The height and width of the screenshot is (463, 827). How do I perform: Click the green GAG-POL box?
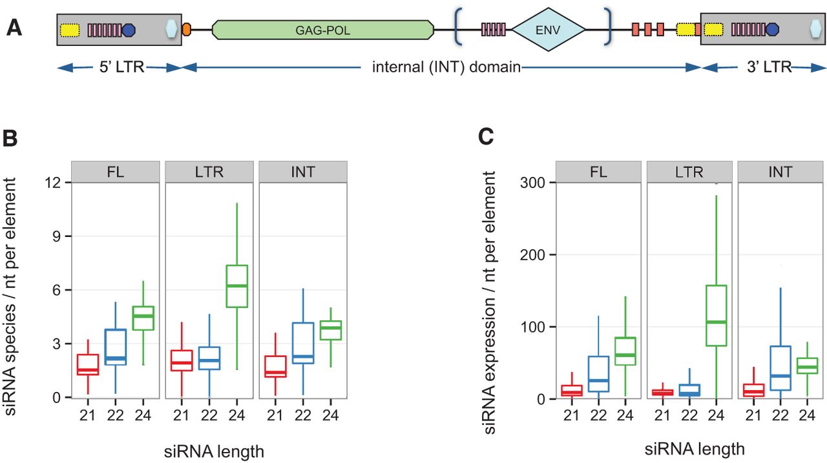(x=323, y=30)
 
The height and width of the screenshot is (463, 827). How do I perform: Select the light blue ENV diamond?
(x=549, y=30)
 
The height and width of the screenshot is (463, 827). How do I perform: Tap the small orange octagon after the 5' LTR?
(x=187, y=30)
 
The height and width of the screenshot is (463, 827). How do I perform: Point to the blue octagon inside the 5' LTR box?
(x=128, y=30)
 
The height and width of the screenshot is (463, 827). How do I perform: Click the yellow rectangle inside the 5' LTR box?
(x=70, y=30)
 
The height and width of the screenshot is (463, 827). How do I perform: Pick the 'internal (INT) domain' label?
(x=446, y=68)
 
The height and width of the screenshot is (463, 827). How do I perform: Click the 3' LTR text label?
(x=769, y=68)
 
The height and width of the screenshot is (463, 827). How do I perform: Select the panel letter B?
(x=10, y=139)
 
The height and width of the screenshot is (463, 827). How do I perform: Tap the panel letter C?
(x=487, y=137)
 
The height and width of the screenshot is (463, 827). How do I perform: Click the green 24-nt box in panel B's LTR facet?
(x=236, y=286)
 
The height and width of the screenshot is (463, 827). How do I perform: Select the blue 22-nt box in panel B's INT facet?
(x=303, y=343)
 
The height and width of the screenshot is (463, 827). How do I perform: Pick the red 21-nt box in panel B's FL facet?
(x=88, y=364)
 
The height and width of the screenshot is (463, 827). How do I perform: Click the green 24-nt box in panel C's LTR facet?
(x=717, y=315)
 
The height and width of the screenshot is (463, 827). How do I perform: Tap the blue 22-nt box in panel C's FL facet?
(x=598, y=374)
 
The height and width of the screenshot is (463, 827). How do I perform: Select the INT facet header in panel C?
(x=780, y=172)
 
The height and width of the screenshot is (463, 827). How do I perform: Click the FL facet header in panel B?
(x=116, y=172)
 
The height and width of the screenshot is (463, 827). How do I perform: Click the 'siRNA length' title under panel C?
(x=695, y=449)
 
